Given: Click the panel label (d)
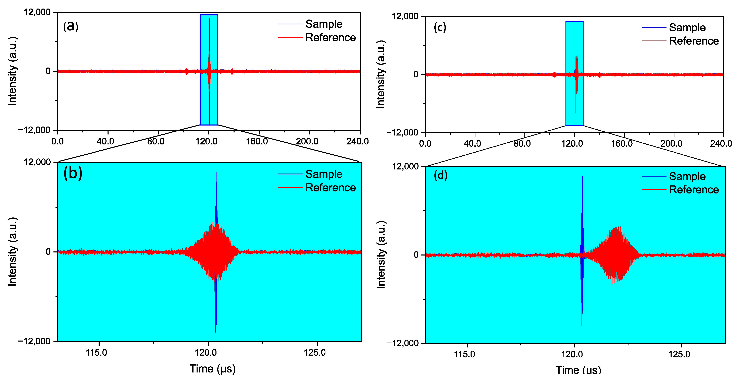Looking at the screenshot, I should click(440, 175).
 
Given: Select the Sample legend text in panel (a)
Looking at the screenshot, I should click(324, 24).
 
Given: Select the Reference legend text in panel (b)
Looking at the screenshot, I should click(331, 188).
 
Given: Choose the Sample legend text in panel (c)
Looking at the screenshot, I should click(687, 27).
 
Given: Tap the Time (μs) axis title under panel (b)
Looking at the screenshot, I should click(213, 369).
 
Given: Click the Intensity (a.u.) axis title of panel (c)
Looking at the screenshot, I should click(381, 74).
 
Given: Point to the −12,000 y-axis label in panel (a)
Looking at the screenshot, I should click(34, 130).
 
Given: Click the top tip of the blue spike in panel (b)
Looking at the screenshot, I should click(216, 172).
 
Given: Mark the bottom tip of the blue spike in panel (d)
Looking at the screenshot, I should click(582, 325).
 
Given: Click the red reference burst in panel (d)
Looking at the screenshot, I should click(616, 254).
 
